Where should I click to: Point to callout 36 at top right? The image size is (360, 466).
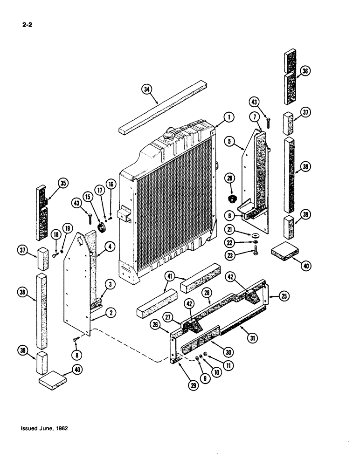[x=305, y=71]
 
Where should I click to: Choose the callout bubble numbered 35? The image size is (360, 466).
[x=61, y=183]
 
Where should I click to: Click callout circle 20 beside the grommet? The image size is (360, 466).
[x=230, y=178]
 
